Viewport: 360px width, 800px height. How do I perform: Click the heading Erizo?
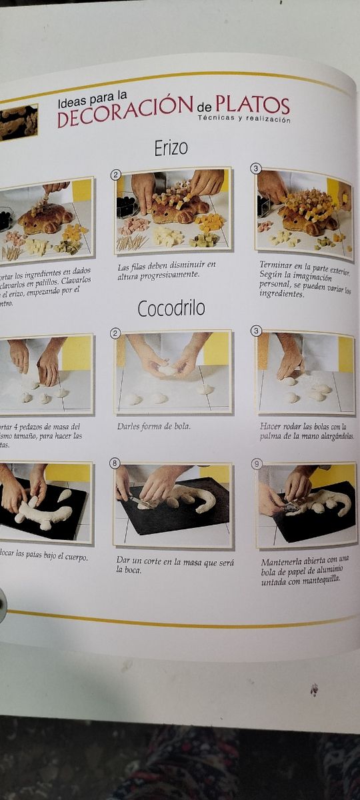click(171, 148)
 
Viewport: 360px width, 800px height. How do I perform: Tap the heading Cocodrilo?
click(171, 308)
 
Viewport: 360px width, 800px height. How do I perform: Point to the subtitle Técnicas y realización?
click(244, 119)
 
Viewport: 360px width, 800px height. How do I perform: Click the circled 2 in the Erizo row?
click(116, 175)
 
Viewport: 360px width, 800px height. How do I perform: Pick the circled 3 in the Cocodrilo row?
click(256, 331)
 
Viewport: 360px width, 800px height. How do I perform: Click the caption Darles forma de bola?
click(151, 425)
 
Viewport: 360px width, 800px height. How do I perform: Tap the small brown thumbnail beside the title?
click(18, 122)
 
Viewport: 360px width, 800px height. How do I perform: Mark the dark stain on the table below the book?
click(314, 690)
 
